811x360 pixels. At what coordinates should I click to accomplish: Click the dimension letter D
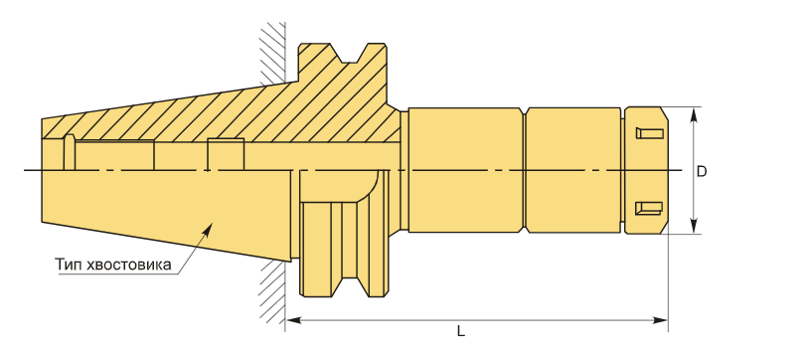701,172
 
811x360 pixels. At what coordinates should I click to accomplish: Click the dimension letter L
461,331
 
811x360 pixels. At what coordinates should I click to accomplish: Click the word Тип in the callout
70,265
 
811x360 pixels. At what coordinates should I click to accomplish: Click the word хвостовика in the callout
129,266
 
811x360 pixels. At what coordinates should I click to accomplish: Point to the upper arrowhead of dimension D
694,113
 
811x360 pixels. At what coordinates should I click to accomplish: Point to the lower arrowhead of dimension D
694,227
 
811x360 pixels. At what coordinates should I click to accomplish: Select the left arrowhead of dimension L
293,320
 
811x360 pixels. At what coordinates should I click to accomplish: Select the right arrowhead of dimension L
661,320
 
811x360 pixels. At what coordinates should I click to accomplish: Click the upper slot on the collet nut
649,133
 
